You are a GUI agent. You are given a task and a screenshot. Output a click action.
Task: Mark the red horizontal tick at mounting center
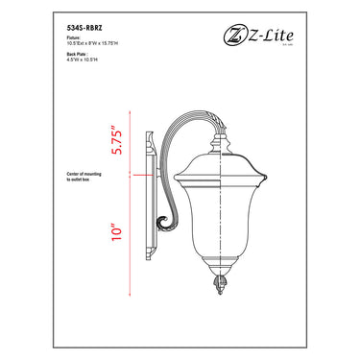(x=136, y=176)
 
